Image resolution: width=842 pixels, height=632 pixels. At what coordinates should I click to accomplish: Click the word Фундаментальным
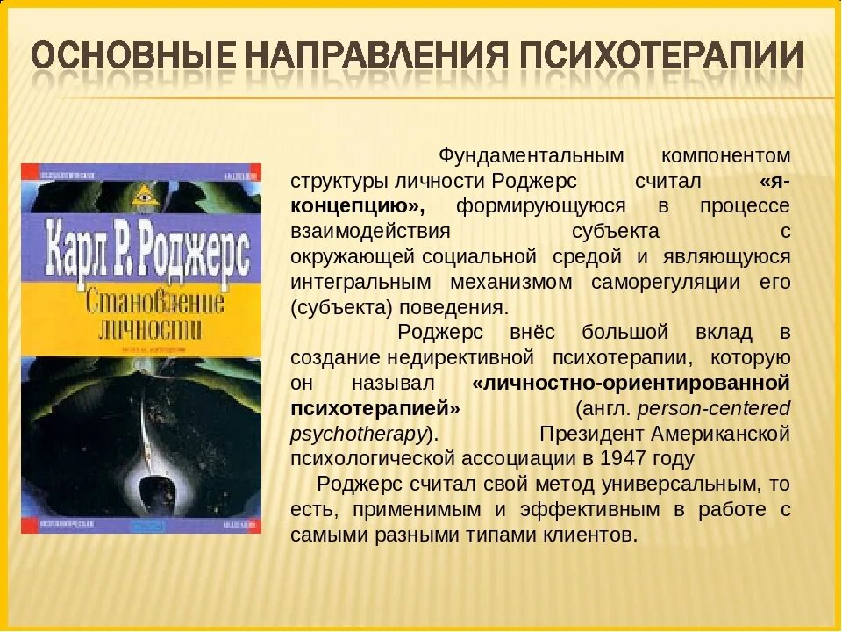pos(531,155)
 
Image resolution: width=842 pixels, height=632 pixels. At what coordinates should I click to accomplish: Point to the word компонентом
pos(726,155)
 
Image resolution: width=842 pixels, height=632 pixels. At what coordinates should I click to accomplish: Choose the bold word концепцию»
pos(358,206)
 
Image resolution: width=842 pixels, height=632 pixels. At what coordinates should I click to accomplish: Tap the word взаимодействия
pos(370,232)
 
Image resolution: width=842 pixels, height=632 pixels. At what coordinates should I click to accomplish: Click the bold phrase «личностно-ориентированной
pos(631,384)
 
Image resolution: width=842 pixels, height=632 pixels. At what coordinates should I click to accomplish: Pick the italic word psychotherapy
pos(358,434)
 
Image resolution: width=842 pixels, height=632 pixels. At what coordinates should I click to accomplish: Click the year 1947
pos(622,458)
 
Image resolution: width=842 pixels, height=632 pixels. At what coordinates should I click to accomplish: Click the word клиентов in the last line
pos(589,535)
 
